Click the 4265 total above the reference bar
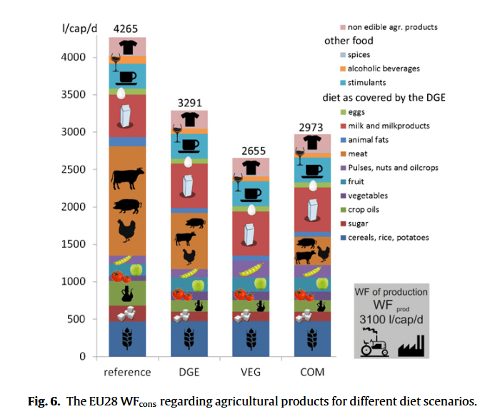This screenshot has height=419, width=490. (126, 29)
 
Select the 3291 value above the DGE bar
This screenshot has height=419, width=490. (189, 102)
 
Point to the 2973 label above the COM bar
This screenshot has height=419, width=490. (312, 126)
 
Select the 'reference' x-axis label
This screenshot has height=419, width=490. (126, 372)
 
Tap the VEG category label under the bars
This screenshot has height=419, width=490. (251, 372)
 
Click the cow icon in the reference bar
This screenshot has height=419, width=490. (126, 175)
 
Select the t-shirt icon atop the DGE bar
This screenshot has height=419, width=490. (189, 119)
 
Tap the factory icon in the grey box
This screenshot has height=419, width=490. (412, 347)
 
